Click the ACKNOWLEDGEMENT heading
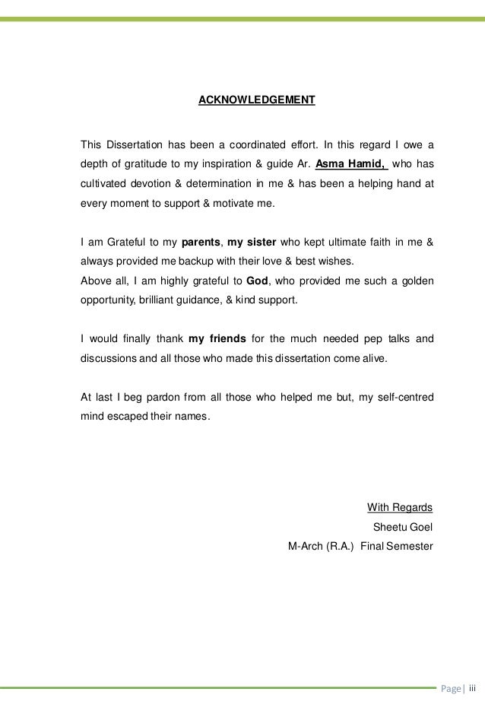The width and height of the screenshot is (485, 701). tap(256, 100)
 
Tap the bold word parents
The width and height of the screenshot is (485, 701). tap(201, 243)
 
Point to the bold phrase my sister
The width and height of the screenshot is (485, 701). tap(251, 243)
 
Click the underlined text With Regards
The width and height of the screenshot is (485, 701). tap(400, 507)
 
